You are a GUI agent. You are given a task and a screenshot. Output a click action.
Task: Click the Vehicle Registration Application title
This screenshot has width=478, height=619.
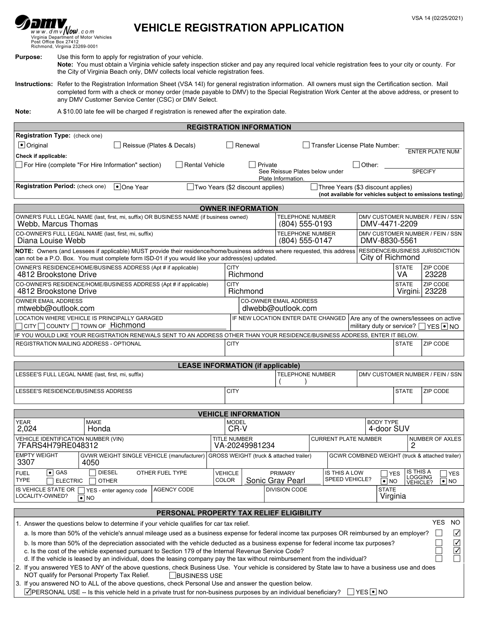(x=239, y=28)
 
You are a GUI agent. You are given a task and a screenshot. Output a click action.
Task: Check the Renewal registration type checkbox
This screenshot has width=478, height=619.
(x=230, y=145)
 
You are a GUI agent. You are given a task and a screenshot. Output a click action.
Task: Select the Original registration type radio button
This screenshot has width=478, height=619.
(x=22, y=145)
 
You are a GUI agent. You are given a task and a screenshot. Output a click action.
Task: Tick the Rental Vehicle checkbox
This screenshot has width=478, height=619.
(x=179, y=165)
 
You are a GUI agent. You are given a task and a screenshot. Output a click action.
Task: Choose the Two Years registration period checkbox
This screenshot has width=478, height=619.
(x=190, y=187)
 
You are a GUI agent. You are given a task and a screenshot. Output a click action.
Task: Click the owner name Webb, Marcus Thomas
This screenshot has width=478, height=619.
(x=58, y=224)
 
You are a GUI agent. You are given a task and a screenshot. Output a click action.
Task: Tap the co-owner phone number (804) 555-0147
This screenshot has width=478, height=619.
(x=305, y=241)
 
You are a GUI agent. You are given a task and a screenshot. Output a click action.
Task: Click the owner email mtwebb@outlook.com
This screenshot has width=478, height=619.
(x=56, y=309)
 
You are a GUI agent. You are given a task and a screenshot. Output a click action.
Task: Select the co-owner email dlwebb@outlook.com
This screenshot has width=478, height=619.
(x=280, y=309)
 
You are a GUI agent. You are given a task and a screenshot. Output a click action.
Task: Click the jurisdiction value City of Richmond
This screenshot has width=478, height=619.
(x=390, y=257)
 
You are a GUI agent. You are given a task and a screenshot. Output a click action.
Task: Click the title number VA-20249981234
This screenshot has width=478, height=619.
(x=245, y=446)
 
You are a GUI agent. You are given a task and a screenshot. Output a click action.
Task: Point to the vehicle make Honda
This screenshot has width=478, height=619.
(x=99, y=429)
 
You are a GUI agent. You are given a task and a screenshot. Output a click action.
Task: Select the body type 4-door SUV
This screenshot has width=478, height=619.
(x=389, y=429)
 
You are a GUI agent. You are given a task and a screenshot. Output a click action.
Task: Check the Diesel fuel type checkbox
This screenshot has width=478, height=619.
(x=92, y=473)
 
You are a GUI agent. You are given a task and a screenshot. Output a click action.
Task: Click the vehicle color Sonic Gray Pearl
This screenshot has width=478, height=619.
(x=276, y=481)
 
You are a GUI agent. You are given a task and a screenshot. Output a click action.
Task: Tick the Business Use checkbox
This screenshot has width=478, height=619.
(x=172, y=576)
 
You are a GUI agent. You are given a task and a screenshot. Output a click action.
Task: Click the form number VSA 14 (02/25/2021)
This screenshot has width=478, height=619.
(x=437, y=18)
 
